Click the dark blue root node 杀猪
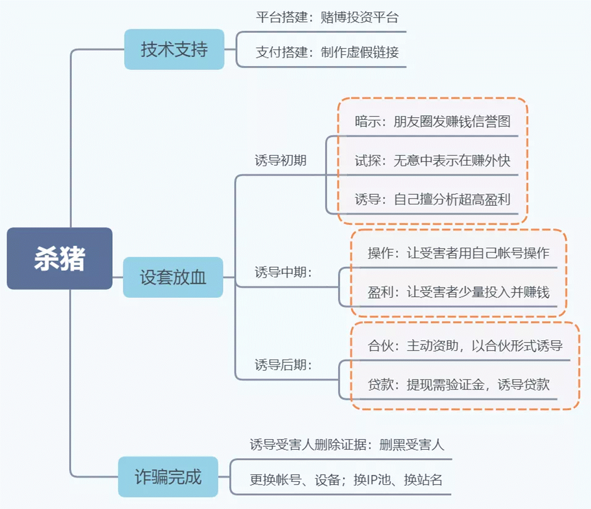60,259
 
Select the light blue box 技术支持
174,49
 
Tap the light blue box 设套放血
173,277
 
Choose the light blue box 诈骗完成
168,477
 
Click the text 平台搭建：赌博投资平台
327,18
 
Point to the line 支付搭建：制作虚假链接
327,52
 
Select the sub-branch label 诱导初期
280,160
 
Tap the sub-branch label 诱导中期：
283,272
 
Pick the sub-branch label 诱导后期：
283,365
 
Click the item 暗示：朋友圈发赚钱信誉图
432,121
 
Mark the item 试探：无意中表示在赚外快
432,161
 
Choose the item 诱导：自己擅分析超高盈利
432,200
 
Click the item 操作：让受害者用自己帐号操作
458,253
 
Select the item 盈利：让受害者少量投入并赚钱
458,292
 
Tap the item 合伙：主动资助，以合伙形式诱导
465,346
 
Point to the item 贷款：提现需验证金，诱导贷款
458,385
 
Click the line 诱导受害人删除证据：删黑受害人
347,445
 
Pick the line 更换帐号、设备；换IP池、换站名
346,480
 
